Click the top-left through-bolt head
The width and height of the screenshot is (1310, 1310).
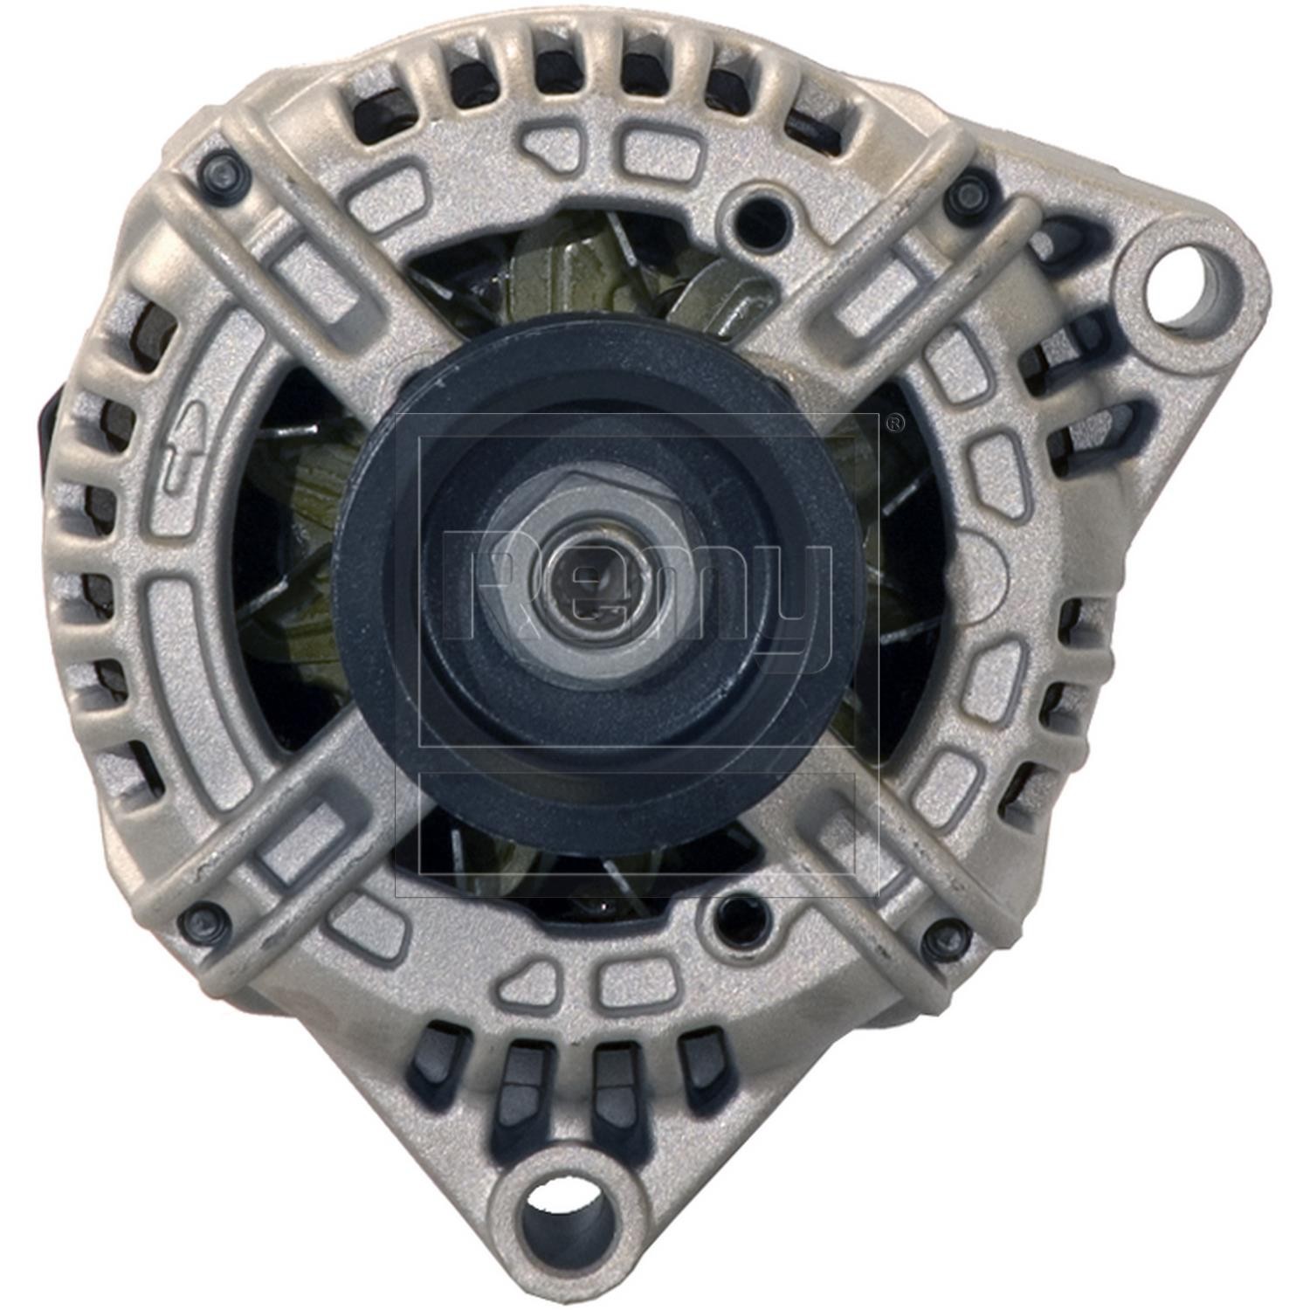click(x=223, y=172)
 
